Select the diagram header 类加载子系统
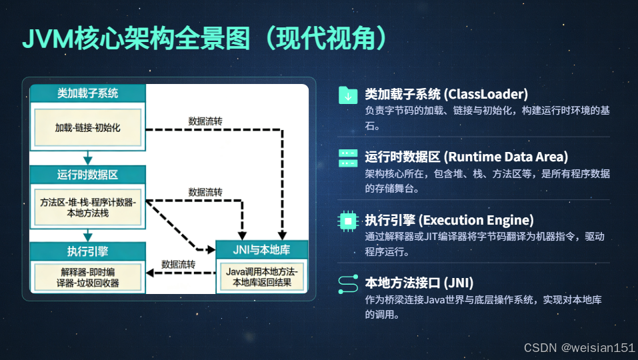click(87, 94)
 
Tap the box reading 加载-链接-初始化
click(87, 127)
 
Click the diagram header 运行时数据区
click(87, 175)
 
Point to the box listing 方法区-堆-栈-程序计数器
click(87, 207)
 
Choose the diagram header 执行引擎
click(87, 251)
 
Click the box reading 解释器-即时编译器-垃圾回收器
click(87, 277)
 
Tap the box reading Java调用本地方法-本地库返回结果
click(262, 277)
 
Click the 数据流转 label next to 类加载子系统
click(206, 121)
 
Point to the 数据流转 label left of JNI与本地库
click(178, 264)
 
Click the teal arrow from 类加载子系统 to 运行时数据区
click(87, 157)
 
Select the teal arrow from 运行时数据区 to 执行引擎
click(87, 235)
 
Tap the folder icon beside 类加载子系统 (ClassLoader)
click(348, 95)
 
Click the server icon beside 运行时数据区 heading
click(348, 158)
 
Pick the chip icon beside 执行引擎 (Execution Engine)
click(348, 221)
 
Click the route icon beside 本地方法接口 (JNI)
click(348, 283)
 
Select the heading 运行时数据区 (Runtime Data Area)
click(466, 157)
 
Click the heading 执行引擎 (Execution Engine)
click(449, 220)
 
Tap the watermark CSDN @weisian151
click(579, 348)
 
